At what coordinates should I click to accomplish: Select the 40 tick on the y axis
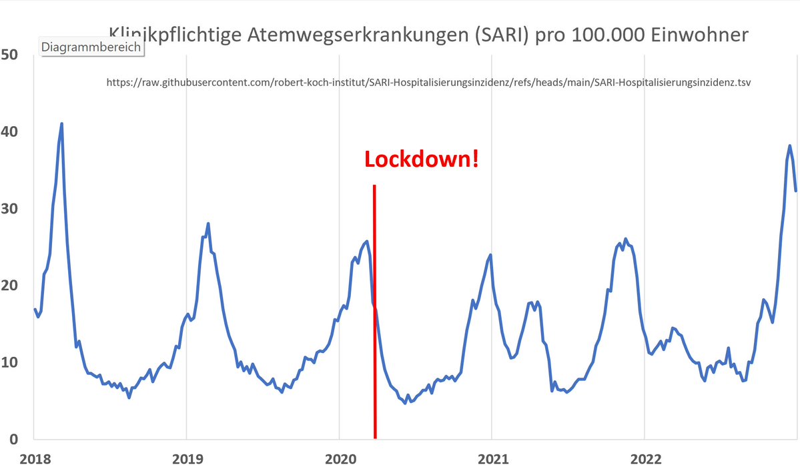tap(13, 132)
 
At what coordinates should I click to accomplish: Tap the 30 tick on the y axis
tap(13, 209)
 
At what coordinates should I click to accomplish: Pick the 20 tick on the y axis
tap(13, 286)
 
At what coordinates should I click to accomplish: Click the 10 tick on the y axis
tap(13, 362)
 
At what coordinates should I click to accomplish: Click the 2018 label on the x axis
tap(33, 459)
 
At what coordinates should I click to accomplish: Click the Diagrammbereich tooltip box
tap(91, 47)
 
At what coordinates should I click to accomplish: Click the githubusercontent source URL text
tap(428, 83)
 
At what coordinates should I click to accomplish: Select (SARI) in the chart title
tap(501, 35)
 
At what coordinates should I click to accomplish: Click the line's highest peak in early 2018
tap(61, 124)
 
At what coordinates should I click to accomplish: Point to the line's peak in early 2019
tap(208, 224)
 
